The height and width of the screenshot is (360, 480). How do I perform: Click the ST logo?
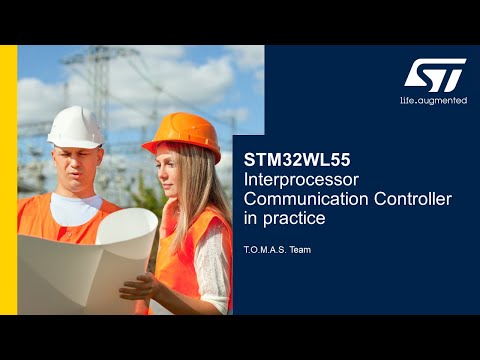pos(435,74)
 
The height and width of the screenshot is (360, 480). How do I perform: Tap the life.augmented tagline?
pos(433,101)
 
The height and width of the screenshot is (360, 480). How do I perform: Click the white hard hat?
pos(75,127)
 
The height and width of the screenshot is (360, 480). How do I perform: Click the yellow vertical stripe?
pos(8,180)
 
